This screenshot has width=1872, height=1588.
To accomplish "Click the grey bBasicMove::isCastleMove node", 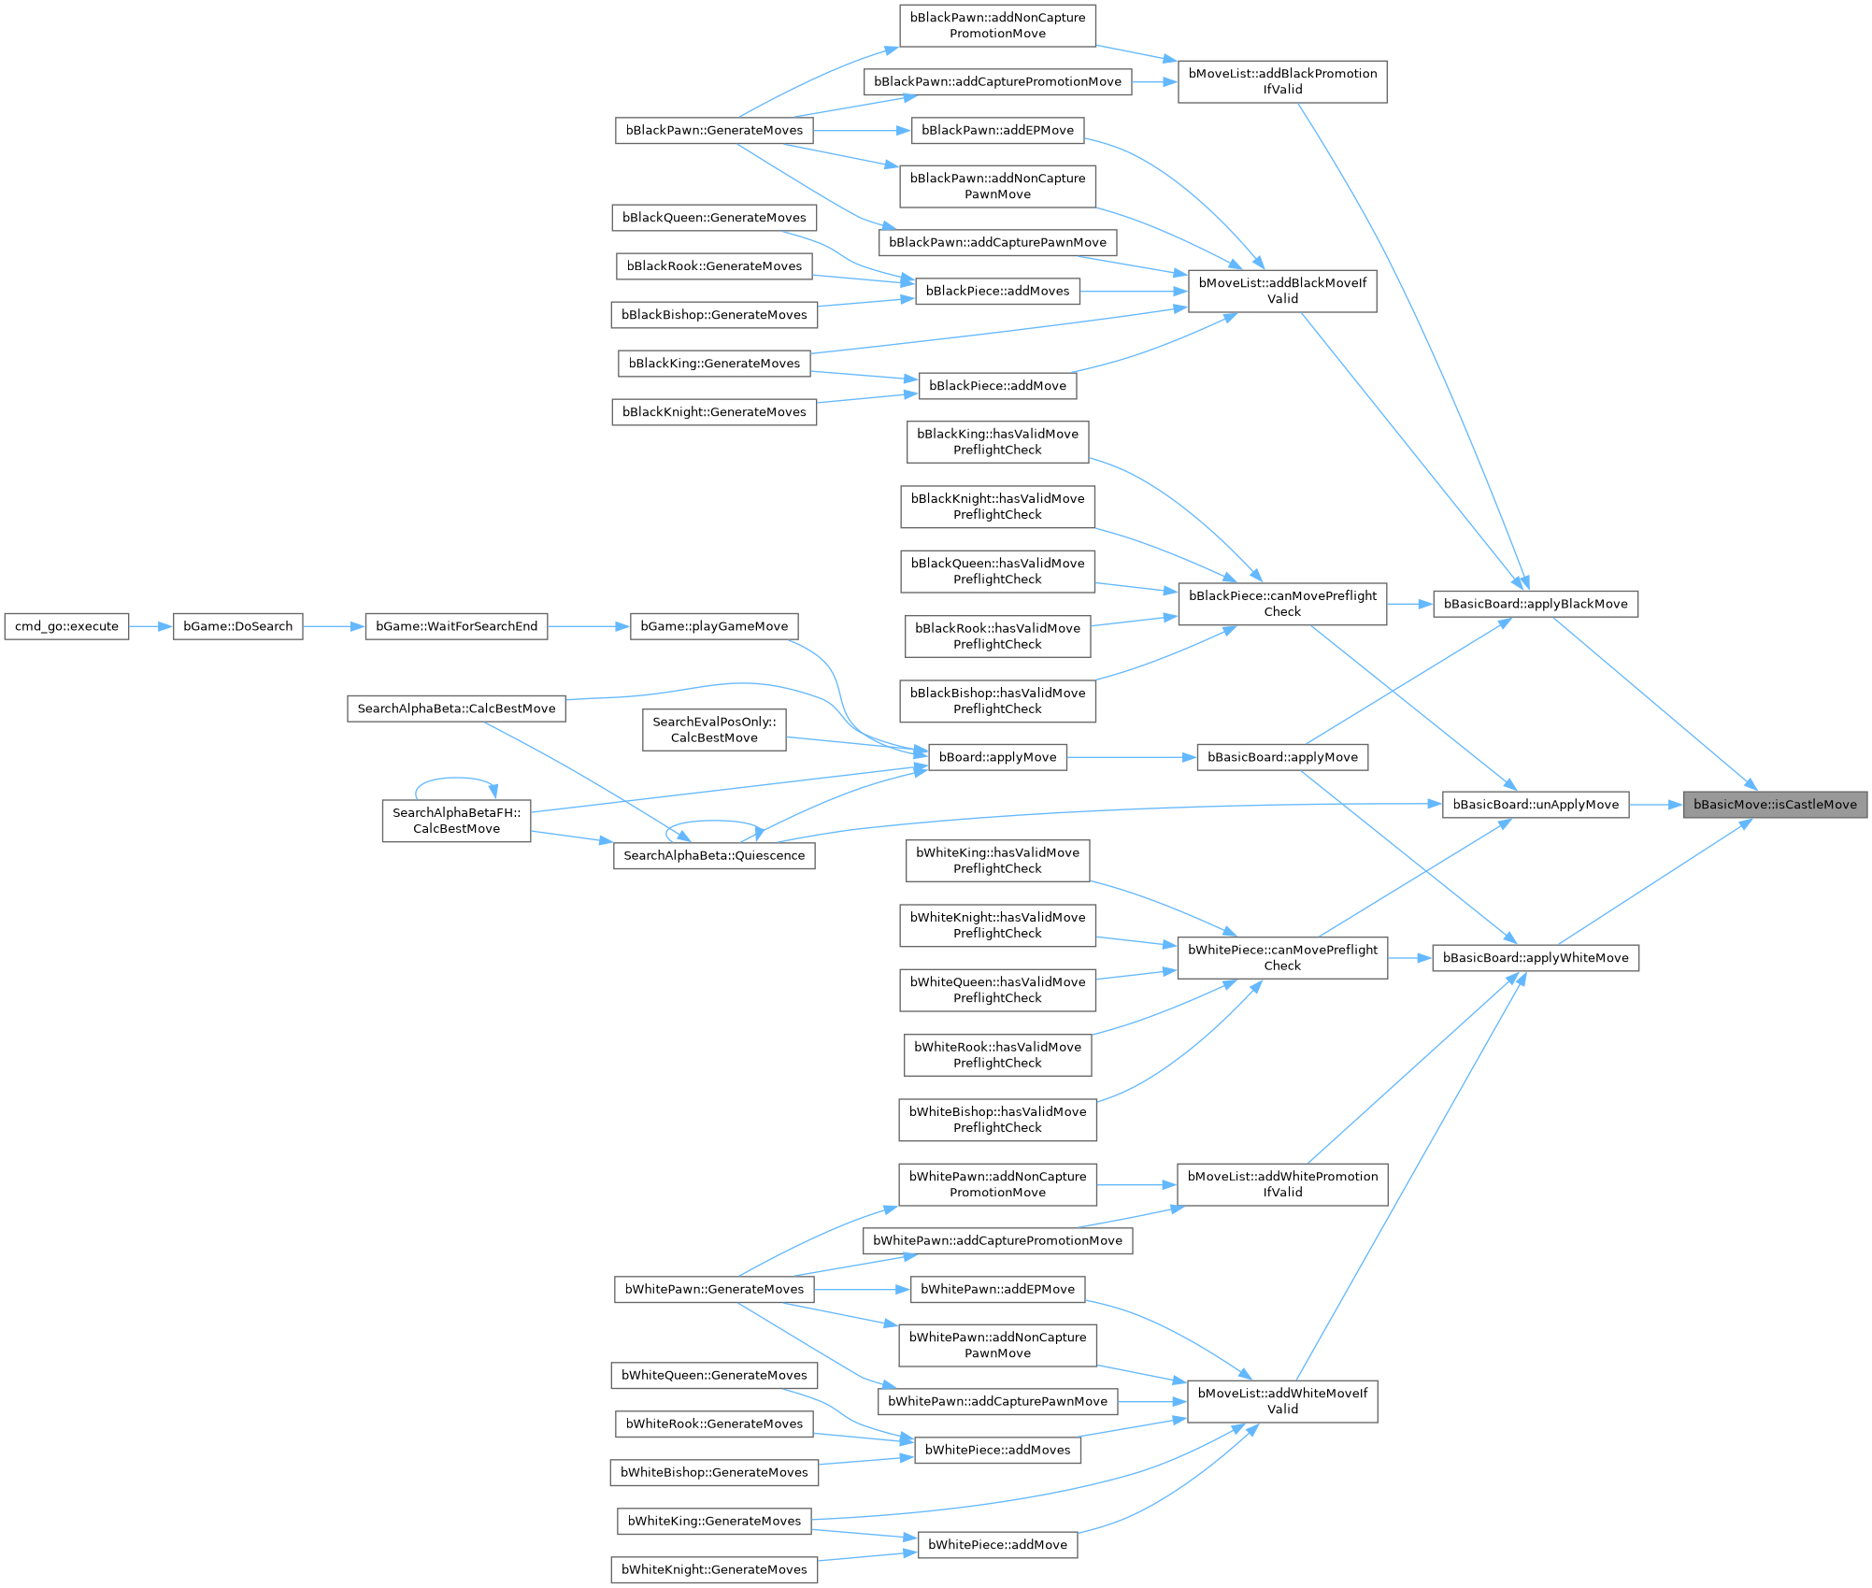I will pos(1774,805).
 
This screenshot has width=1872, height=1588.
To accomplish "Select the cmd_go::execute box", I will pos(66,626).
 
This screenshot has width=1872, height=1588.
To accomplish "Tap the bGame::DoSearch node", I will pos(237,626).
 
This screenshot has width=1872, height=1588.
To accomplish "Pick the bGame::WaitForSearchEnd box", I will pos(456,626).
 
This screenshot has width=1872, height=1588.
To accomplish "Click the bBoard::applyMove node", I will pos(997,757).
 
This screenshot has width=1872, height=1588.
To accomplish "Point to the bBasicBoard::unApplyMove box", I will pos(1535,805).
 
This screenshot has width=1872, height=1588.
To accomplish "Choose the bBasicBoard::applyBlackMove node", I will pos(1535,604).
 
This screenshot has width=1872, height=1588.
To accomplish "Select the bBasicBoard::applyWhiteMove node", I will pos(1535,958).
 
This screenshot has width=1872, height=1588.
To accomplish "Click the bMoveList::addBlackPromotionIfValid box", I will pos(1281,81).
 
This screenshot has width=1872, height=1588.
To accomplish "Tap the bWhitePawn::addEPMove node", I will pos(997,1289).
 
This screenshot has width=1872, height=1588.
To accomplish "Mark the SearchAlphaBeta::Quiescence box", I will pos(713,855).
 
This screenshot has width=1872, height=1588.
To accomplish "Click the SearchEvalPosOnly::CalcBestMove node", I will pos(713,729).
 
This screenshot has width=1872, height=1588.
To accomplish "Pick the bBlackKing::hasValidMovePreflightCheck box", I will pos(997,441).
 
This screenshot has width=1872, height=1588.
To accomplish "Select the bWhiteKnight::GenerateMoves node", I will pos(713,1569).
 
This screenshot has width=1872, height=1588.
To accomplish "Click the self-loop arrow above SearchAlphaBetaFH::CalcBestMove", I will pos(456,779).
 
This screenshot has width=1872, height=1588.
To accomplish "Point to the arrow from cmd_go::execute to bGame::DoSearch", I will pos(150,626).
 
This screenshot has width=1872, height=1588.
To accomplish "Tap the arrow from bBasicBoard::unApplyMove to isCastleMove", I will pos(1655,805).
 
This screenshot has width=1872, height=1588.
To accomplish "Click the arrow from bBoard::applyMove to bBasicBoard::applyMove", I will pos(1131,757).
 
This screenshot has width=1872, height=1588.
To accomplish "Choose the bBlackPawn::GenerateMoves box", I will pos(713,130).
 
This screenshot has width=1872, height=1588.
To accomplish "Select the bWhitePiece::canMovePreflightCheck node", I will pos(1281,958).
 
